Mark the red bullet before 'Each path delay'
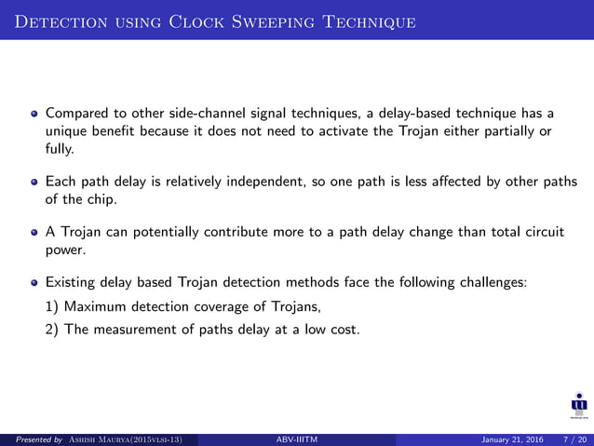click(x=34, y=181)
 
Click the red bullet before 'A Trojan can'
click(x=34, y=229)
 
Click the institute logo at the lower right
click(x=578, y=406)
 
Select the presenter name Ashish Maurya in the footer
click(x=109, y=439)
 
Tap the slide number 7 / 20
click(x=569, y=439)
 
